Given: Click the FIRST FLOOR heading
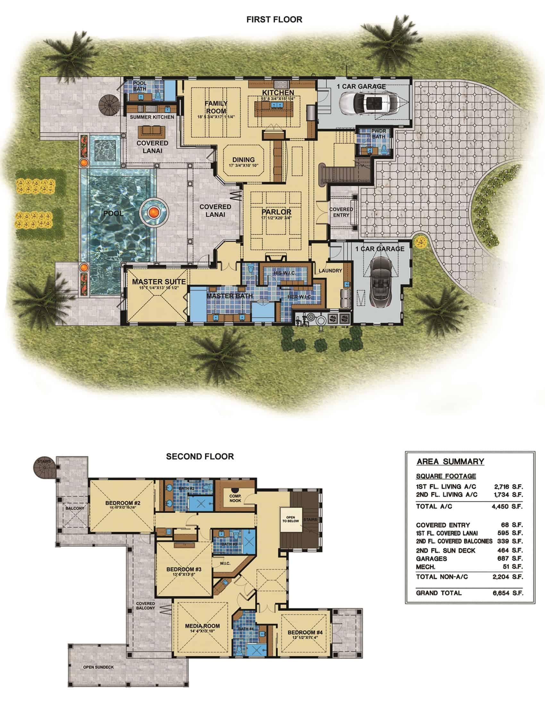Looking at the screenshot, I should [x=274, y=20].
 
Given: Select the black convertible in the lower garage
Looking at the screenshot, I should [x=381, y=282].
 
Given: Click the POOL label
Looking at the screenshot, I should [x=113, y=213].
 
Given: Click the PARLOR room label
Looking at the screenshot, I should [x=276, y=212].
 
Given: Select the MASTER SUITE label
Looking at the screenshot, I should [x=159, y=282].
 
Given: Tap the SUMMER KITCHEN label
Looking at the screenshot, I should [x=152, y=117].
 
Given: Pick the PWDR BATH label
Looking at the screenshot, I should [x=379, y=134].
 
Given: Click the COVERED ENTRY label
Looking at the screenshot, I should [x=341, y=212].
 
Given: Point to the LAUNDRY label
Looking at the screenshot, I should [x=330, y=271].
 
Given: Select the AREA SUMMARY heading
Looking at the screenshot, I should [x=450, y=462].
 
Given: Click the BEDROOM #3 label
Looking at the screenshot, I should [x=184, y=569].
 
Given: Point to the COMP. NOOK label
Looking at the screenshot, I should [x=235, y=498].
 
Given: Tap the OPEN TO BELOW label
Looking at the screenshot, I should [x=290, y=519].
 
